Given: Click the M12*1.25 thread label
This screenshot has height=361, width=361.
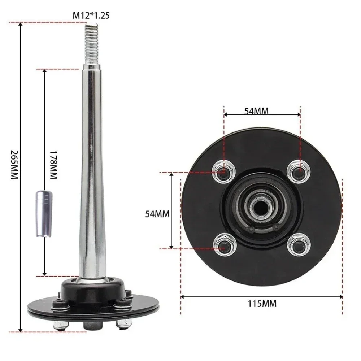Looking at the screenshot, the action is click(91, 16).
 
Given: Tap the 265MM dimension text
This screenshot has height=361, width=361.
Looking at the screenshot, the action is click(14, 165).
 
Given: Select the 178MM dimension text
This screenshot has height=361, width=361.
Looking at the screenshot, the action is click(53, 165).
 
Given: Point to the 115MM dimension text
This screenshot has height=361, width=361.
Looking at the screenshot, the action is click(262, 304).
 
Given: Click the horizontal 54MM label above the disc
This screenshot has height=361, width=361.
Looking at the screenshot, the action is click(256, 111).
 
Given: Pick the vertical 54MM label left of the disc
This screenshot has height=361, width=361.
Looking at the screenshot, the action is click(157, 214).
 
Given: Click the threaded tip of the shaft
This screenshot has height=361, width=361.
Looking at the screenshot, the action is click(92, 44).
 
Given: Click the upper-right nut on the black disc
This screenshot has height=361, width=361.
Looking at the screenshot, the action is click(299, 171).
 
